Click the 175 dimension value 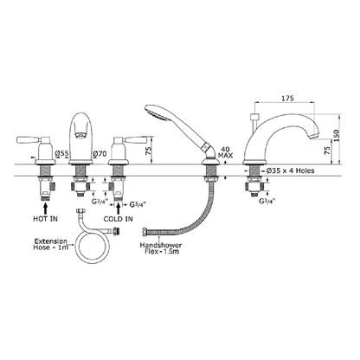coord(287,98)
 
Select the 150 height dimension coord(336,135)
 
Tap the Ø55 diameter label coord(62,153)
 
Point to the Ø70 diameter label coord(100,154)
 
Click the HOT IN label coord(45,219)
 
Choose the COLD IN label coord(119,219)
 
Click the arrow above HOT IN coord(45,209)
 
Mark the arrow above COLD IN coord(118,209)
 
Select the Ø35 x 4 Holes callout coord(290,170)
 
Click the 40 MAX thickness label coord(225,152)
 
